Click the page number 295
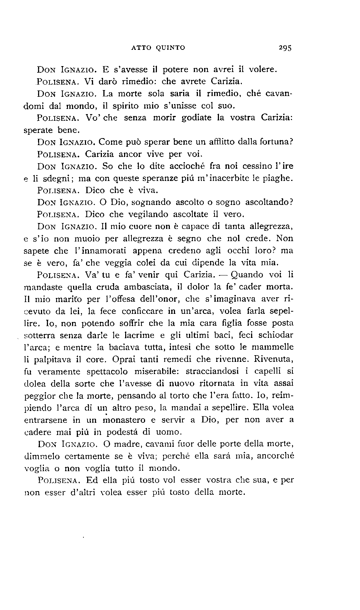coord(285,48)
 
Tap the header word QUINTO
coord(170,48)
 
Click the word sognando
coord(151,202)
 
